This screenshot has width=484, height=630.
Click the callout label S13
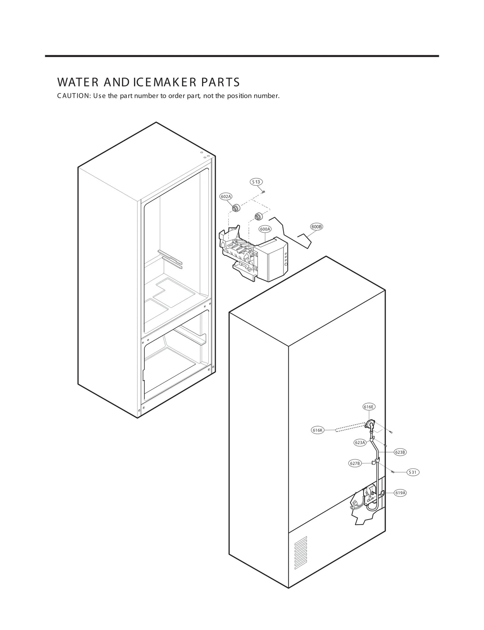coord(256,182)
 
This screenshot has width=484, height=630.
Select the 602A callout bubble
coord(226,196)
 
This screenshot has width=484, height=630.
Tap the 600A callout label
coord(265,229)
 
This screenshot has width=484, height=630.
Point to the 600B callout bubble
coord(316,227)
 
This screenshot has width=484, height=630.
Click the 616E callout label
coord(369,407)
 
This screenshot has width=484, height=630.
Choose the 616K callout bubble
coord(318,430)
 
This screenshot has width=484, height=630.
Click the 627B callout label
coord(355,472)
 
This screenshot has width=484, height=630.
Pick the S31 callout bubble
coord(413,472)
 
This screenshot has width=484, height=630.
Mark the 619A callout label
coord(400,493)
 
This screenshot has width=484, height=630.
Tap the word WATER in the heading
coord(77,82)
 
